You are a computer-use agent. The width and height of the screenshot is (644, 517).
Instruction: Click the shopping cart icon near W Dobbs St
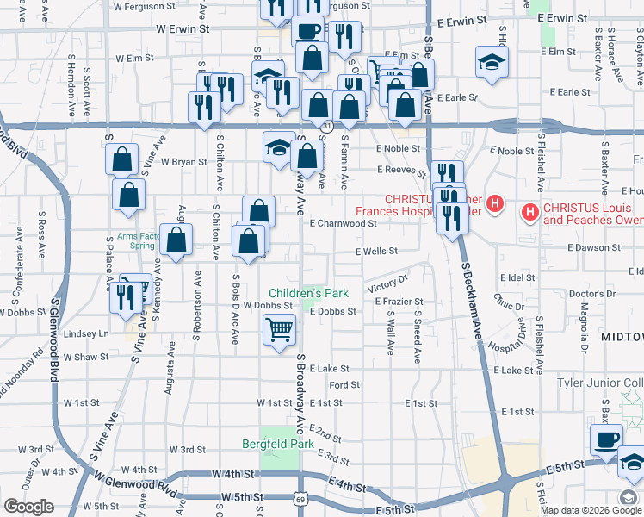point(279,328)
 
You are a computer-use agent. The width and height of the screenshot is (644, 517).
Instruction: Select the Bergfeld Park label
point(278,443)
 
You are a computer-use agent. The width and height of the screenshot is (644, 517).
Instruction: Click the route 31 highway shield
point(325,127)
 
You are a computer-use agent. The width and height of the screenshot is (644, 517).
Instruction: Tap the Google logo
point(28,507)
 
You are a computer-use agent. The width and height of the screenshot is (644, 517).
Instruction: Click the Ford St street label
point(344,384)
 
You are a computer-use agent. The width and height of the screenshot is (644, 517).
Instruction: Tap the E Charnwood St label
point(344,223)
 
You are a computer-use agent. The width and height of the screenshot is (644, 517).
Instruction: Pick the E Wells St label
point(376,252)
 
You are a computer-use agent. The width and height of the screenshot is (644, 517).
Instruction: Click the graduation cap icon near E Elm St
point(492,63)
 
